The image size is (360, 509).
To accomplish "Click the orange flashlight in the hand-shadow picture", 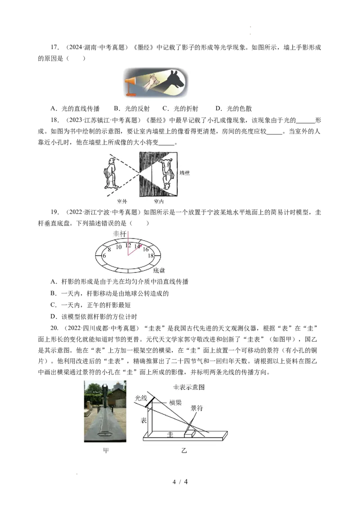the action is [131, 83].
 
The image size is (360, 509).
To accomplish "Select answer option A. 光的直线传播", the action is [75, 108].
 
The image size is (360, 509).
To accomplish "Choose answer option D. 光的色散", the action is [234, 108].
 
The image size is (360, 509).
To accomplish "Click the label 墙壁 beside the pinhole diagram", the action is [184, 173].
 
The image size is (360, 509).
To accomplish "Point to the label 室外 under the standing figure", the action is [122, 201].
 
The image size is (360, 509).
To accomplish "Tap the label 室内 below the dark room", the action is [158, 201].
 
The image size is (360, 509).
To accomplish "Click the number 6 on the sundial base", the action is [104, 256].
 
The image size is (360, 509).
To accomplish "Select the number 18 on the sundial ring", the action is [151, 256].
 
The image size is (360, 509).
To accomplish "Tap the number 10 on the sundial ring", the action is [119, 247].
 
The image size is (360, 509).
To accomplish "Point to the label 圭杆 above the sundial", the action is [120, 234].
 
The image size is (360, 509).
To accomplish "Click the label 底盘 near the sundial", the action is [159, 270].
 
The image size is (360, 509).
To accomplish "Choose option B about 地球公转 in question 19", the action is [109, 294].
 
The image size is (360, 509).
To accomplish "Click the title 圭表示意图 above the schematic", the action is [189, 387].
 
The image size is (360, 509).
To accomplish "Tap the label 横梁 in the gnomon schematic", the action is [175, 402].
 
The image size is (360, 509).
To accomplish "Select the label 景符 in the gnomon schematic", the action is [197, 408].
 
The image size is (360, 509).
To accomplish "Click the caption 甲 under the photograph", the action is [106, 451].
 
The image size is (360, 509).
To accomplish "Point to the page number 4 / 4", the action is [180, 482].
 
